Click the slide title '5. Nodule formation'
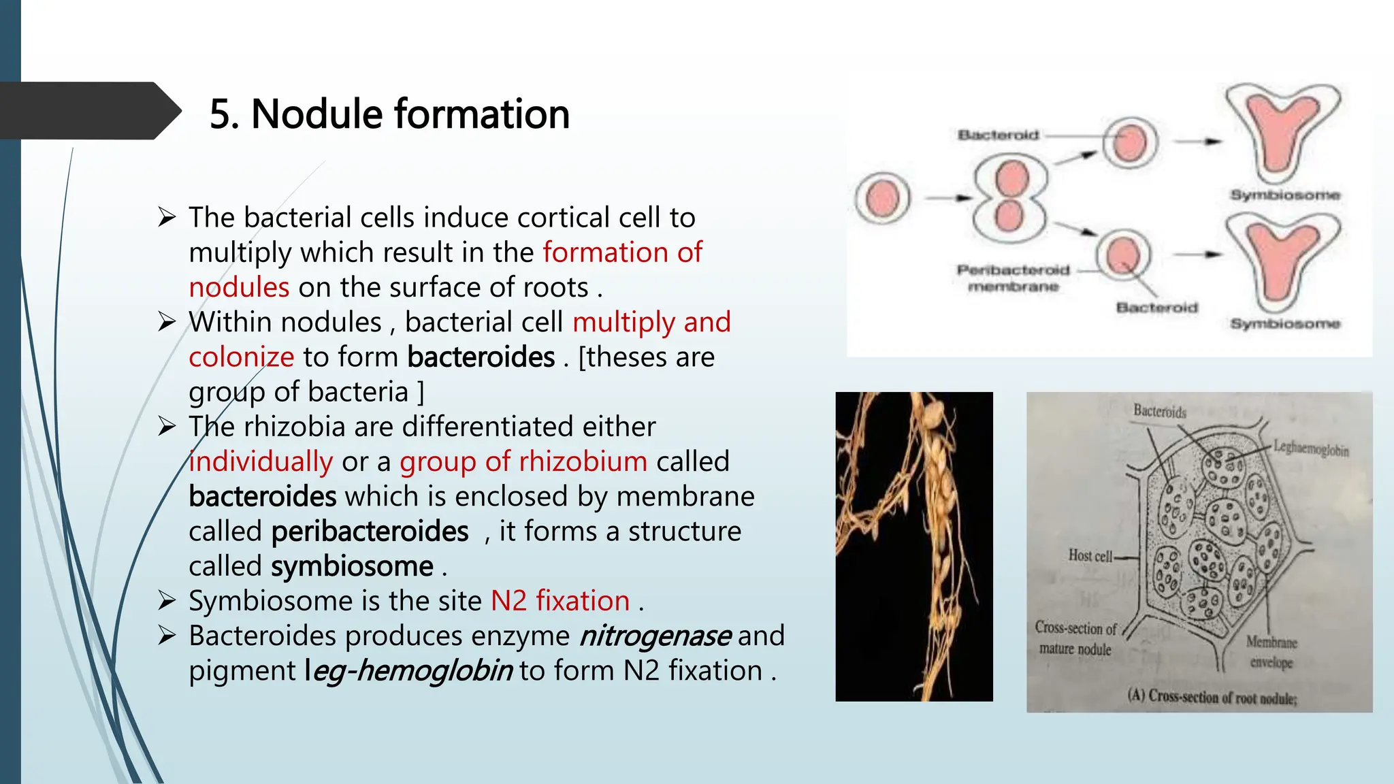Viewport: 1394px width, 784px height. (389, 114)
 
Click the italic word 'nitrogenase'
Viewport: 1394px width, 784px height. (655, 636)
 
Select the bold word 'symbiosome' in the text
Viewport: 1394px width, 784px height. (352, 566)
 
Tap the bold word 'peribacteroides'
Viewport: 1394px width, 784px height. (370, 532)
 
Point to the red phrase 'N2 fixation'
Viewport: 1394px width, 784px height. (560, 601)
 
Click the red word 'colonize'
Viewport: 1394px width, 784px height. (241, 357)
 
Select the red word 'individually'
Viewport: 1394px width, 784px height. (261, 462)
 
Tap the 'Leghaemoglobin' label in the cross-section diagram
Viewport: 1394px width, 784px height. (1310, 449)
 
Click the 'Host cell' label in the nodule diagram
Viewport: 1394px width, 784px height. (1090, 555)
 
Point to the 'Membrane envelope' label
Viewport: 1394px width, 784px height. (1271, 652)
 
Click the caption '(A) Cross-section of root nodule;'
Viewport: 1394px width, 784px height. (1212, 697)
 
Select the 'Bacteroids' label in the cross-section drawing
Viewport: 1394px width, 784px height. (1159, 411)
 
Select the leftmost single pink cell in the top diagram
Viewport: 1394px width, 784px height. (882, 198)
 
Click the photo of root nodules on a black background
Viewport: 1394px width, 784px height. (913, 546)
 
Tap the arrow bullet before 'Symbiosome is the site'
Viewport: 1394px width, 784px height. (167, 601)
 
